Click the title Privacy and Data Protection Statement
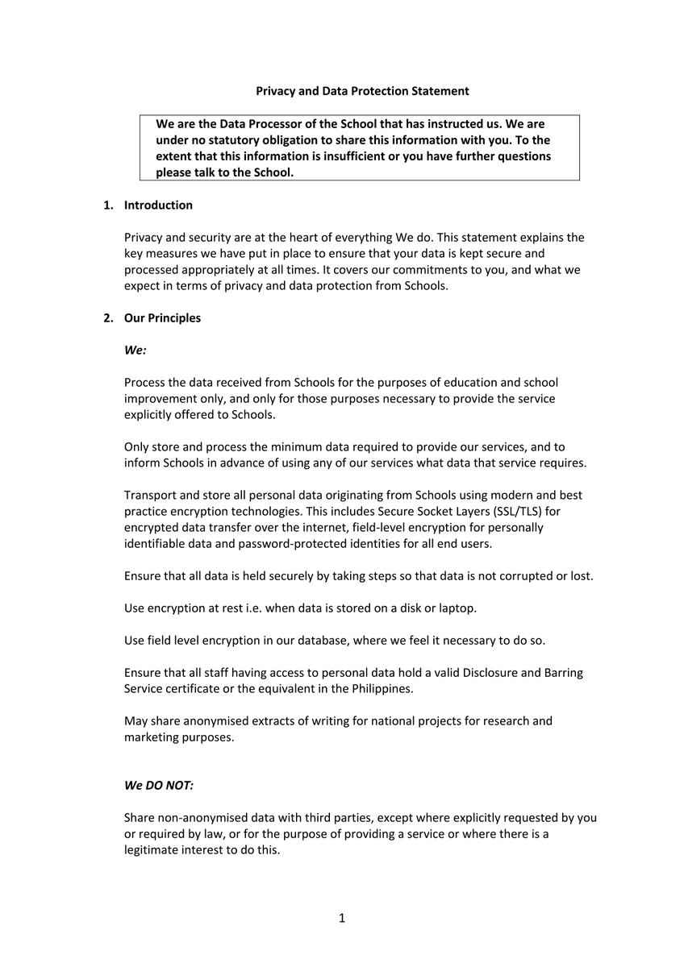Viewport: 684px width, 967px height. [362, 91]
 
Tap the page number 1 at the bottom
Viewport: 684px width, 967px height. [342, 918]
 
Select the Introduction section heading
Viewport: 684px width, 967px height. [158, 205]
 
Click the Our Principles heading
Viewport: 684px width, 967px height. [162, 317]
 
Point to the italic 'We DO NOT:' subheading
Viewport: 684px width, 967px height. [159, 785]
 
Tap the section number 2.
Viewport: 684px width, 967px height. [107, 317]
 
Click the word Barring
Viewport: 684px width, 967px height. [561, 672]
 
